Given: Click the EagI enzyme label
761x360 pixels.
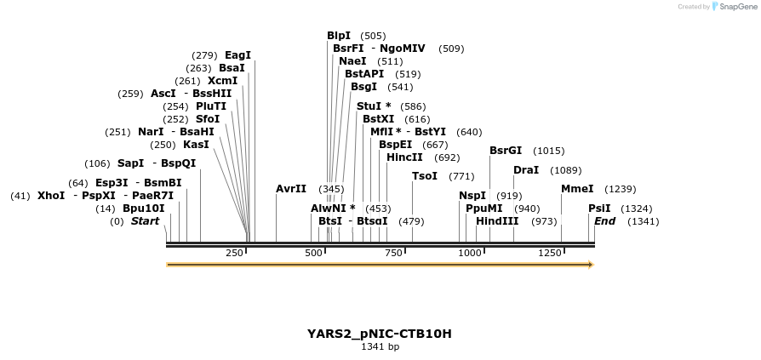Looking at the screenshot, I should point(237,55).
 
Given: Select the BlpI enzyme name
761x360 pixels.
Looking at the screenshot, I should point(339,36).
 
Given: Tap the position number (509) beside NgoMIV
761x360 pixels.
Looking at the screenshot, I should point(451,49).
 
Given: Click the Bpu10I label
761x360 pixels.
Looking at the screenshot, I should point(144,209).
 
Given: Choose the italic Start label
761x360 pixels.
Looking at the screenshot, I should point(145,221).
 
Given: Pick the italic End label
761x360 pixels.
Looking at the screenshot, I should point(604,221).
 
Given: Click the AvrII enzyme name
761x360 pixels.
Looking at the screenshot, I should point(291,188).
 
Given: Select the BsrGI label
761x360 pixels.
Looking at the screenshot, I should point(506,151).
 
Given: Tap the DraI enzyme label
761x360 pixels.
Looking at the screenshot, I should point(525,170).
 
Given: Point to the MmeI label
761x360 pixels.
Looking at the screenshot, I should point(576,189).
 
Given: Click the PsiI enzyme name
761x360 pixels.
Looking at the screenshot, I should point(598,209).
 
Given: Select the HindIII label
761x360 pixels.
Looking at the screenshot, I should point(497,221).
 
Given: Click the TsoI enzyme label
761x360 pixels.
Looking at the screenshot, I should point(425,176).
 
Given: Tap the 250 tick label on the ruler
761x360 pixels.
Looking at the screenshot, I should point(234,253).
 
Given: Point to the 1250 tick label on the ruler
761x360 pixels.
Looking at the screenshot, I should point(550,253).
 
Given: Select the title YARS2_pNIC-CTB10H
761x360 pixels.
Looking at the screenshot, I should point(380,334).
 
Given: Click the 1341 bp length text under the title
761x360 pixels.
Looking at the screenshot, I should point(380,347).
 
